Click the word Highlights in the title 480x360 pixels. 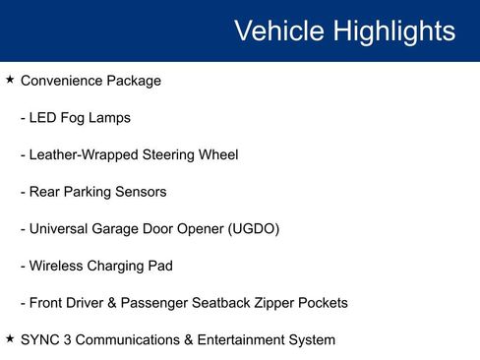coord(394,31)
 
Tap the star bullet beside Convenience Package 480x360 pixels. coord(9,80)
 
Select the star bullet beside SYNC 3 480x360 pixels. coord(9,338)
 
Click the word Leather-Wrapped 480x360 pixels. coord(86,154)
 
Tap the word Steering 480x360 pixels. coord(172,154)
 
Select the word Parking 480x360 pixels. coord(90,192)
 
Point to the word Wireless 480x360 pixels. coord(58,266)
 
